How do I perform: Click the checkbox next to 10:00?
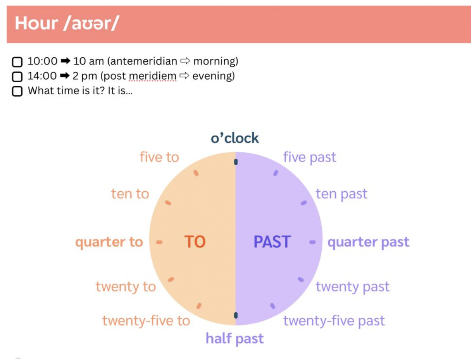(17, 62)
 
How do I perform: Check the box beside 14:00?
(17, 77)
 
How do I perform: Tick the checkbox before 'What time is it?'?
(17, 91)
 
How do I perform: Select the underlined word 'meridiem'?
(152, 76)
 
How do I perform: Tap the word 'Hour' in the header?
(37, 23)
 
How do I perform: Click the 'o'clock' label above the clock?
(235, 138)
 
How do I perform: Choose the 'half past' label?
(235, 339)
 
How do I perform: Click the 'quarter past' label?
(368, 242)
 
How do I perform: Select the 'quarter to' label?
(109, 242)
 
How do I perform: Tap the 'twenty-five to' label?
(146, 321)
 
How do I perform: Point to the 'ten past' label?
(341, 194)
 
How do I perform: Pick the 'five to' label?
(159, 157)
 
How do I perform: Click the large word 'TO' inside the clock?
(195, 242)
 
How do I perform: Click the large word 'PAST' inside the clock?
(272, 242)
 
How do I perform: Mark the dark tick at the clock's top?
(236, 162)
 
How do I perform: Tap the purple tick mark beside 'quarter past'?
(313, 242)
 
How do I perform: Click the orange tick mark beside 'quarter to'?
(159, 242)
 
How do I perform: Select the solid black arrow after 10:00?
(65, 61)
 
